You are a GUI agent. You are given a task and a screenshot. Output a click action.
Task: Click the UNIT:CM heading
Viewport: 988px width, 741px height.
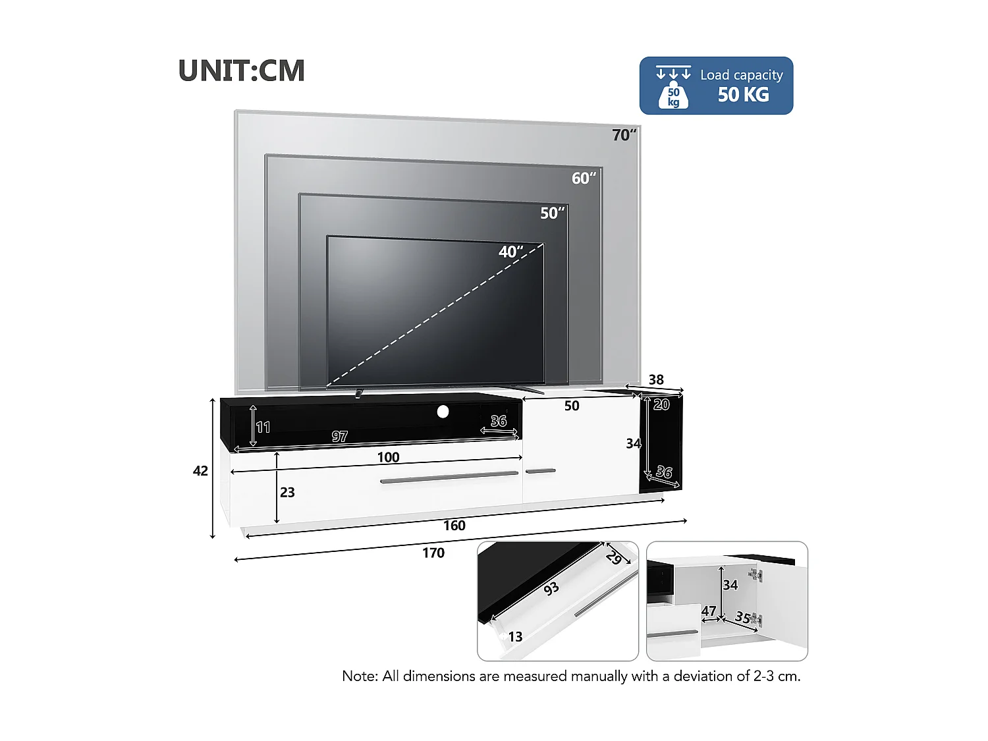242,71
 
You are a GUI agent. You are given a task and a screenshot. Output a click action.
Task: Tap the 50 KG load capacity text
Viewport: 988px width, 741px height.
743,95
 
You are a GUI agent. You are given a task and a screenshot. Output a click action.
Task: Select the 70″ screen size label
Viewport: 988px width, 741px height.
623,135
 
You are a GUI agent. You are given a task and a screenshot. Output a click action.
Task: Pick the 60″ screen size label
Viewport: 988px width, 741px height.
583,178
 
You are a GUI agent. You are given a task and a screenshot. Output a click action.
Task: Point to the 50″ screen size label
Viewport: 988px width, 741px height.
552,213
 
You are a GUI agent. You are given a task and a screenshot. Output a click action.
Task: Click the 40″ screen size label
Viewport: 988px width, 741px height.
510,252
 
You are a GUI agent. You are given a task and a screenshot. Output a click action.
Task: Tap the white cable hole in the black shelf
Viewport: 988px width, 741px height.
443,412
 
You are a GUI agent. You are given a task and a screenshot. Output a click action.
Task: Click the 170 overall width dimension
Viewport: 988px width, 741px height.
433,553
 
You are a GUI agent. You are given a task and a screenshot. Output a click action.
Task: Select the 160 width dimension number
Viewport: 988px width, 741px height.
454,526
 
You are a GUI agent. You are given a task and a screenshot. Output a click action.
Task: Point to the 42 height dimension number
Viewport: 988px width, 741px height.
200,471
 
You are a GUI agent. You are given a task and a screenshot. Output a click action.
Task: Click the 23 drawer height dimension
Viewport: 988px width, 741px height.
287,493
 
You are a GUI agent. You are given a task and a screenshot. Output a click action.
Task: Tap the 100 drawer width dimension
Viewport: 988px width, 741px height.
388,458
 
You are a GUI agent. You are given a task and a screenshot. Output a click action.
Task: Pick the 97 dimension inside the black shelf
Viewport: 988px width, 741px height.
339,437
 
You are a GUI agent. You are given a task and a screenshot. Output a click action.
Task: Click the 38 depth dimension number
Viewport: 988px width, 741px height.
656,380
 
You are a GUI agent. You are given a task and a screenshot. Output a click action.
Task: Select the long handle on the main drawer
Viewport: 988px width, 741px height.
449,477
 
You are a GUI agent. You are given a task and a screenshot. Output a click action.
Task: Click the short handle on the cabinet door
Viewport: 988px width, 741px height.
540,471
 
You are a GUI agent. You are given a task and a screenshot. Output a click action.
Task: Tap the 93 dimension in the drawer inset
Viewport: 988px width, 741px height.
551,588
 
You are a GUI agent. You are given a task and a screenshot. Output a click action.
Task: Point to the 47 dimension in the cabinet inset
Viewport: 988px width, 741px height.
709,611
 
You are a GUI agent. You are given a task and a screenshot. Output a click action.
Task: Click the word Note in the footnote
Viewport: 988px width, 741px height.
359,676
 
